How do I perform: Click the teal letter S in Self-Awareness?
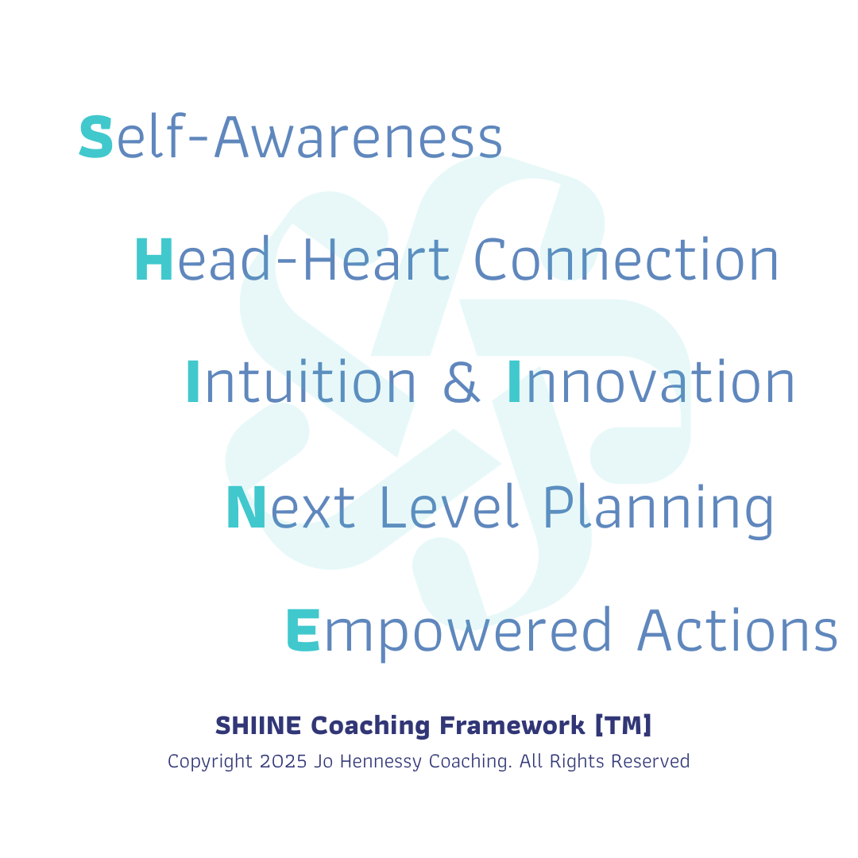point(96,137)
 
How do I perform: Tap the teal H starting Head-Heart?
point(154,259)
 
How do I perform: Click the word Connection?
point(626,259)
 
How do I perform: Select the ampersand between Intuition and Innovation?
point(462,382)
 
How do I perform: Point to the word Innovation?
point(651,382)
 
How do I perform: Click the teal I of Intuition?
point(192,382)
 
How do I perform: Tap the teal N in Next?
point(246,507)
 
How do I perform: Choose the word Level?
point(449,507)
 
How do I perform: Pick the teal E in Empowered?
point(303,630)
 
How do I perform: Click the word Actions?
point(737,630)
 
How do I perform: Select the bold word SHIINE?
point(258,725)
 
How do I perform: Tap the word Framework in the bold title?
point(512,725)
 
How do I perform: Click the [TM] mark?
point(624,725)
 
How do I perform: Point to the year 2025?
point(284,761)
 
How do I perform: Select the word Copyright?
point(210,762)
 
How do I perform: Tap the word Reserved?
point(651,761)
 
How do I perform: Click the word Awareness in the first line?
point(359,137)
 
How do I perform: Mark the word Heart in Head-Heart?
point(377,259)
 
